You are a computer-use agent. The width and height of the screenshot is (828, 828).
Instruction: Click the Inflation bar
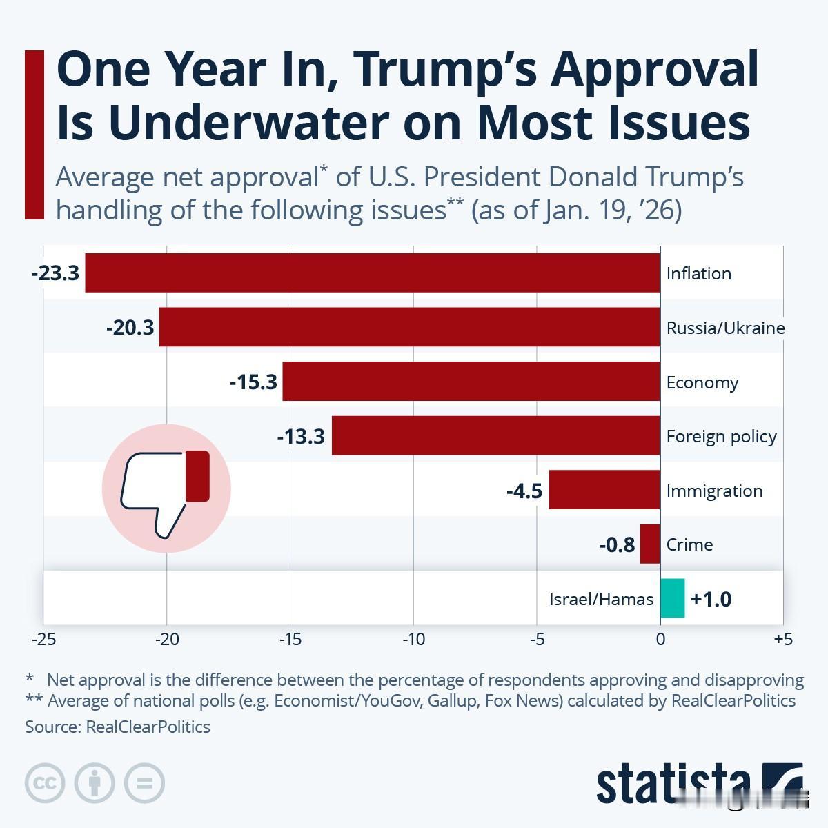coord(373,273)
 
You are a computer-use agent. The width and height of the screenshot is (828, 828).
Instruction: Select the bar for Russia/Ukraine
coord(409,327)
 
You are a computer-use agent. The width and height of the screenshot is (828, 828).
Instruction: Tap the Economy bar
coord(471,382)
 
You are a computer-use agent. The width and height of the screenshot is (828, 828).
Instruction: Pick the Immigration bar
coord(604,490)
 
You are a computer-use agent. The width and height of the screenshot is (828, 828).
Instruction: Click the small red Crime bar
coord(650,544)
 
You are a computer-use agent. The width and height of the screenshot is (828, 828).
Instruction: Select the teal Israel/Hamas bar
coord(673,598)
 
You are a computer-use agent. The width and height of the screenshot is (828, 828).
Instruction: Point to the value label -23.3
coord(55,273)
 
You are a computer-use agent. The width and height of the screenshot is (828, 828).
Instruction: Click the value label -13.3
coord(301,436)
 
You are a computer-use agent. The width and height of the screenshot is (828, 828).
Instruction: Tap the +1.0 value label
coord(711,599)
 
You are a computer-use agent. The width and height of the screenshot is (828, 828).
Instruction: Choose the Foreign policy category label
coord(721,436)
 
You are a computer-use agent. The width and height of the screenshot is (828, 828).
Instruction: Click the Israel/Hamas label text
coord(601,599)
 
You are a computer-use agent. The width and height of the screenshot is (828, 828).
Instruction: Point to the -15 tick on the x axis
coord(290,639)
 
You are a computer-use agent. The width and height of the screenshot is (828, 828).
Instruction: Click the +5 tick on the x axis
coord(783,639)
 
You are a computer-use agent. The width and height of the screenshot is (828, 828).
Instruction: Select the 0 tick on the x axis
coord(660,639)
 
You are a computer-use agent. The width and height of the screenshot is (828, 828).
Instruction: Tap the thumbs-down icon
coord(166,489)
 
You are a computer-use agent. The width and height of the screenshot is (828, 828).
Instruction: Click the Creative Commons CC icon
coord(45,783)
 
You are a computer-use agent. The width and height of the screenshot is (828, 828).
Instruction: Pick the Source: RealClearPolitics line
coord(117,727)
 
